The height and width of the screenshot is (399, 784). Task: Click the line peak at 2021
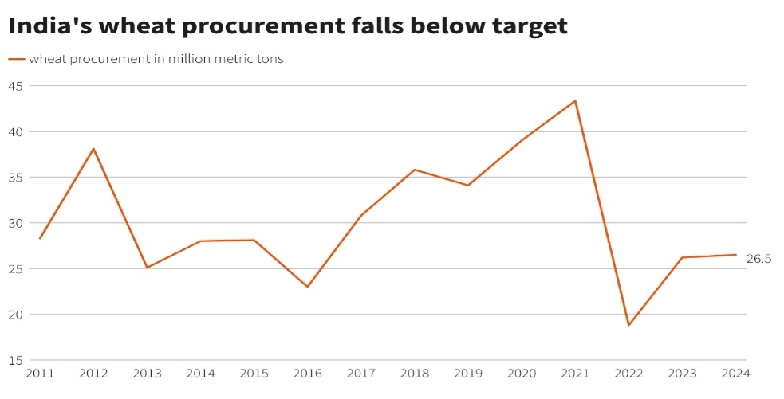pyautogui.click(x=575, y=101)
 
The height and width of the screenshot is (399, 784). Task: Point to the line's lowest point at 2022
pyautogui.click(x=628, y=324)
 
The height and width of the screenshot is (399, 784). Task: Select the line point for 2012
pyautogui.click(x=93, y=149)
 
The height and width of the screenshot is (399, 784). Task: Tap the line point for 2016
pyautogui.click(x=308, y=287)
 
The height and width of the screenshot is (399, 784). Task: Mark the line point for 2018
pyautogui.click(x=415, y=170)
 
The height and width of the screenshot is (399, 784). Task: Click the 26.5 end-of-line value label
pyautogui.click(x=758, y=259)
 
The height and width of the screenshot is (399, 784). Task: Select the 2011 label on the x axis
pyautogui.click(x=40, y=373)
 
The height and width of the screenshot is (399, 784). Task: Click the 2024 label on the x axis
pyautogui.click(x=735, y=373)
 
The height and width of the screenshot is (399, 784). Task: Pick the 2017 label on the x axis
pyautogui.click(x=361, y=373)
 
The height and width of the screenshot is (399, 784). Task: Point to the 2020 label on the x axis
pyautogui.click(x=522, y=373)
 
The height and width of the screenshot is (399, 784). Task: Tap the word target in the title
pyautogui.click(x=528, y=26)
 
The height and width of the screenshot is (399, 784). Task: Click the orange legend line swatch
pyautogui.click(x=17, y=59)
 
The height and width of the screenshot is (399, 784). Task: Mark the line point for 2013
pyautogui.click(x=147, y=267)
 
